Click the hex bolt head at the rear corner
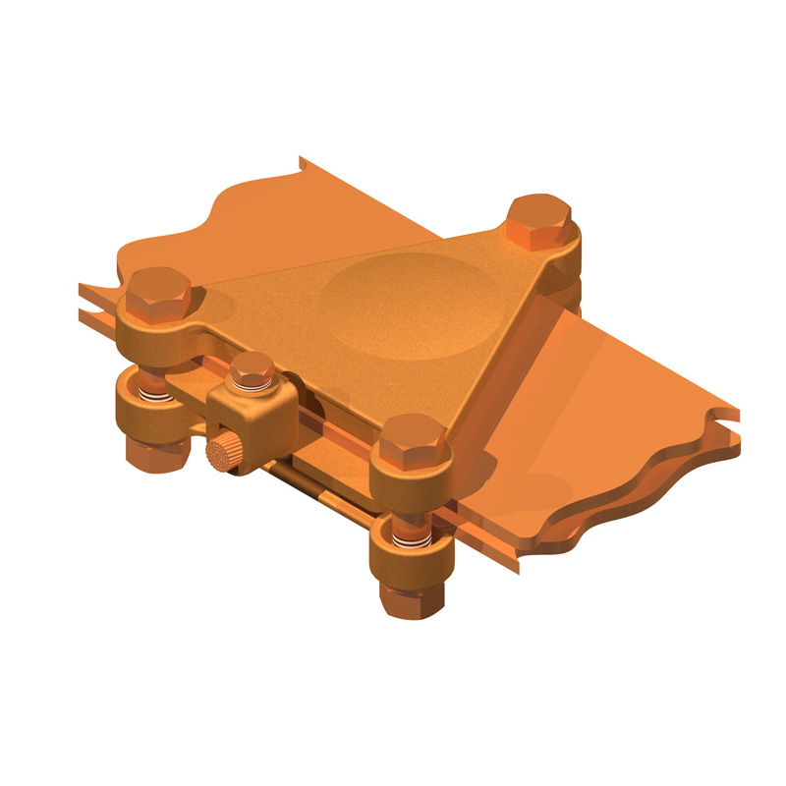point(539,218)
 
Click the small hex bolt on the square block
point(252,371)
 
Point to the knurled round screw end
point(221,455)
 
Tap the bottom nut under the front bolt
point(411,595)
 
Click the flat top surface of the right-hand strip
point(609,383)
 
